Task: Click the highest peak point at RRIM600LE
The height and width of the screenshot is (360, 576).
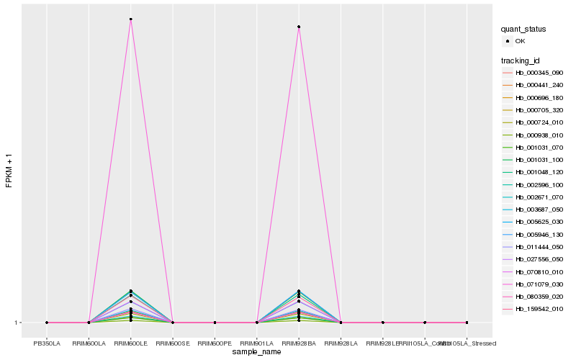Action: click(130, 19)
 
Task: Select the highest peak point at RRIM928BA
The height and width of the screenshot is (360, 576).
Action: click(298, 27)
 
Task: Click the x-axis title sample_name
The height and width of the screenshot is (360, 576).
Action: click(256, 352)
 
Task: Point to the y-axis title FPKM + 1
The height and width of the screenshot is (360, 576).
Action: click(9, 171)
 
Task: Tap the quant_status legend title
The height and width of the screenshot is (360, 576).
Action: click(523, 30)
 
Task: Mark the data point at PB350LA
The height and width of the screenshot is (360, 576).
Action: click(47, 323)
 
